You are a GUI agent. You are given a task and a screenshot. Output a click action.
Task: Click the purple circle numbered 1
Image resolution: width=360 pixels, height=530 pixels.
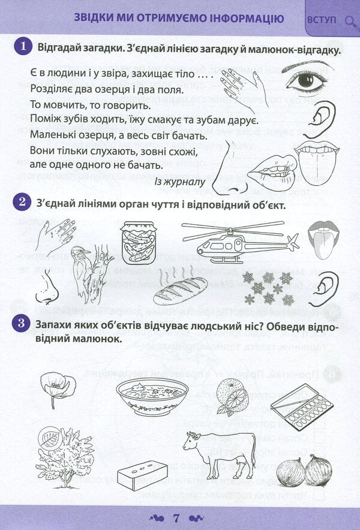[x=23, y=47]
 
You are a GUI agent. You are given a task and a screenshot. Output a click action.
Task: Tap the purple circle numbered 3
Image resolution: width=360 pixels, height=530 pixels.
[x=23, y=324]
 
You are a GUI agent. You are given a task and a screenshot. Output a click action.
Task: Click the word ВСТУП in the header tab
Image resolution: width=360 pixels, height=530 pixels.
[x=322, y=19]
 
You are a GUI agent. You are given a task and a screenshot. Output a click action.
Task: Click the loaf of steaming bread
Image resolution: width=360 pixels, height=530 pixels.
[x=178, y=289]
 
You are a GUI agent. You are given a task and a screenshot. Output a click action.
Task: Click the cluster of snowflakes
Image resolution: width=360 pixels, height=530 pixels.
[x=268, y=287]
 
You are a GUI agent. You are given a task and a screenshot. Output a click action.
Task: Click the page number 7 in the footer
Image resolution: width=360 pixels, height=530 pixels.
[x=176, y=517]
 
